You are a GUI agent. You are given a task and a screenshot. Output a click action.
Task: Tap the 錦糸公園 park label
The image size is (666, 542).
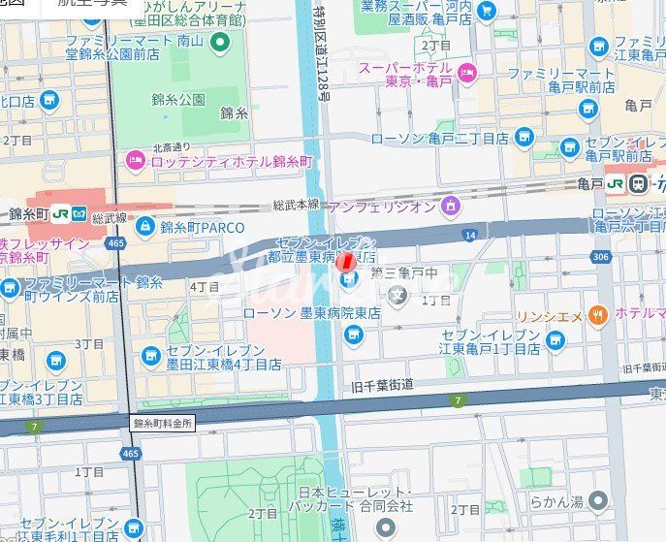(x=177, y=99)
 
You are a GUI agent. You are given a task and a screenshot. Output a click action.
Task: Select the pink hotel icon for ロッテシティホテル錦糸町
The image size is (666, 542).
(x=136, y=161)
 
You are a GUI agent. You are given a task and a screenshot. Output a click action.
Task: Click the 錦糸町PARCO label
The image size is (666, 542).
(x=203, y=228)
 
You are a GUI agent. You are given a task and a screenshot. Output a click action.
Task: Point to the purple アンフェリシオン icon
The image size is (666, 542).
(x=450, y=206)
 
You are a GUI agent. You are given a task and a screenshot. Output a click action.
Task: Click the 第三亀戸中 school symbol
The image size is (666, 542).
(x=396, y=296)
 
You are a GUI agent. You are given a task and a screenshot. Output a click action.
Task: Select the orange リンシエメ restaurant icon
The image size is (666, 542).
(x=598, y=314)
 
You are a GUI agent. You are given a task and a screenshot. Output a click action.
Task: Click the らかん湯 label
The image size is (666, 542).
(x=555, y=501)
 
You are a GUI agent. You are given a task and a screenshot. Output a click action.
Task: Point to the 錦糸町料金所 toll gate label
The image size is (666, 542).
(x=163, y=424)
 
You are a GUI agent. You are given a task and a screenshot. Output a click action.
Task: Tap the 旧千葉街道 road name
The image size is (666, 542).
(x=383, y=385)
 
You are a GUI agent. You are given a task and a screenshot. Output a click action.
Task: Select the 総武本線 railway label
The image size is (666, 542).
(x=296, y=205)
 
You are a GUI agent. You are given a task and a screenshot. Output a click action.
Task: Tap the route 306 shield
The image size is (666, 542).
(x=600, y=257)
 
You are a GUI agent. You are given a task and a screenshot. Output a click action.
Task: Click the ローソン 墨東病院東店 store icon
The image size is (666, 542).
(x=354, y=335)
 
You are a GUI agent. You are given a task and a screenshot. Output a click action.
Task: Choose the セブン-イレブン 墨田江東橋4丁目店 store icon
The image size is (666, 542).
(x=151, y=356)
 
